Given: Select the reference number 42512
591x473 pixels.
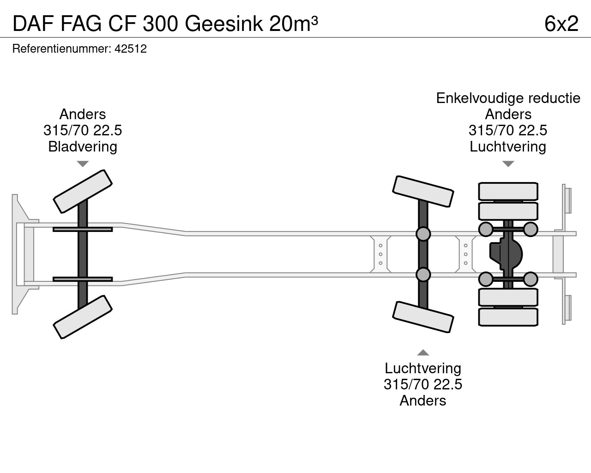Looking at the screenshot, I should coord(130,49).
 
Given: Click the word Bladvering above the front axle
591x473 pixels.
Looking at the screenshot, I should coord(83,147).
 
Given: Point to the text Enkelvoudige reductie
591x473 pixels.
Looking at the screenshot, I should coord(508,98).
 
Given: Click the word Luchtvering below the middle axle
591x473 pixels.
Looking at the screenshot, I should coord(423,369).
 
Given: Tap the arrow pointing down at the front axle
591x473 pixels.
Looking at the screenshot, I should coord(83,164).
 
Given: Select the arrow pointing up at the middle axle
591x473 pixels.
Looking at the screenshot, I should coord(423,353).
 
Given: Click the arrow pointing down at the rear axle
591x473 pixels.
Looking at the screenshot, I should coord(508,164).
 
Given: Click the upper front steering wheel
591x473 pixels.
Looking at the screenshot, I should coord(83,191).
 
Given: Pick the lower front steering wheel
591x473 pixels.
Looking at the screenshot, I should coord(83,317).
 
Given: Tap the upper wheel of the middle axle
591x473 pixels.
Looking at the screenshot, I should coord(422,191).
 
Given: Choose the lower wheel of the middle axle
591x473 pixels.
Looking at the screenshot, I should coord(422,317).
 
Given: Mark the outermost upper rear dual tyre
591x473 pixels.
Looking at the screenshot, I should coord(508,191).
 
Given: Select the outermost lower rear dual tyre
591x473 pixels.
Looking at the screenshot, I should coord(508,317).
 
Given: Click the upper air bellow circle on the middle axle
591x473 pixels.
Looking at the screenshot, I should coord(423,234).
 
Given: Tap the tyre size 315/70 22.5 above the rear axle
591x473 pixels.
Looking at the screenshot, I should coord(508,131).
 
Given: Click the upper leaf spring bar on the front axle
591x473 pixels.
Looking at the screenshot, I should coord(83,229).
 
